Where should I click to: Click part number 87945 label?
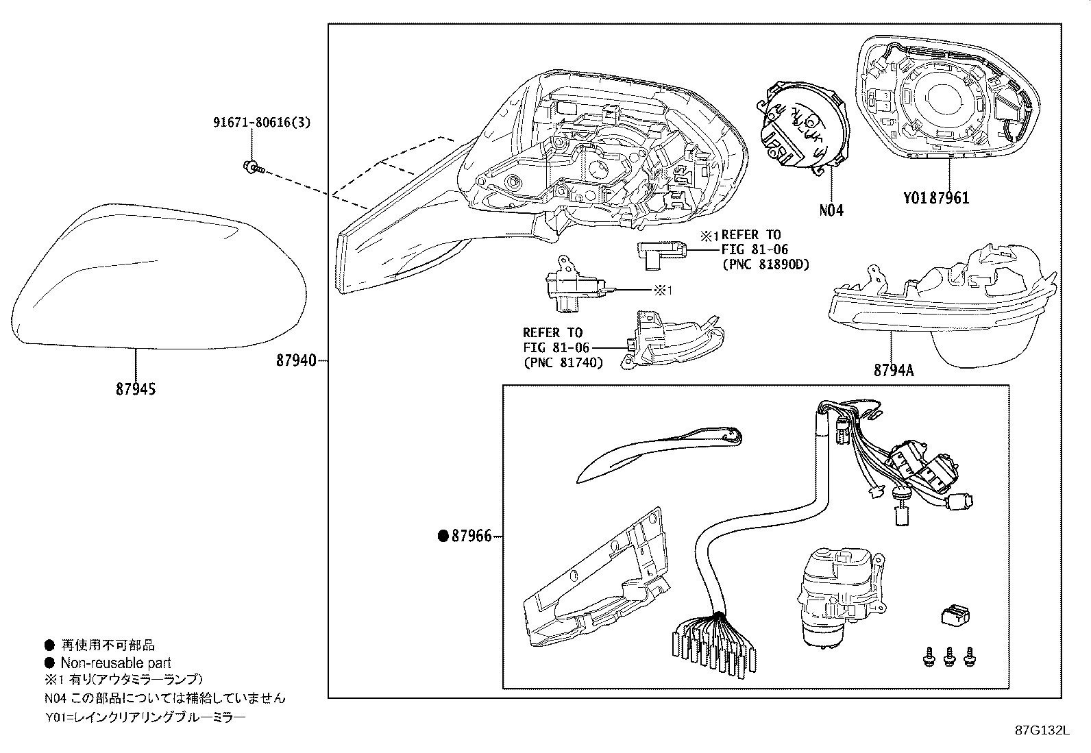pos(136,389)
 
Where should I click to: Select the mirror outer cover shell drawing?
pos(158,274)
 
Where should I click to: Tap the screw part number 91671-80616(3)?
pos(261,123)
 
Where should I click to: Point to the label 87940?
pos(296,359)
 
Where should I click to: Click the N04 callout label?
pos(831,210)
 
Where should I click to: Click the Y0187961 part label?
pos(935,199)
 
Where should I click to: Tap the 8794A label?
pos(893,371)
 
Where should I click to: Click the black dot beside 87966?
pos(443,536)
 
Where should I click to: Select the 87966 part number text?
pos(471,536)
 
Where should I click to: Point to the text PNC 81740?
pos(563,362)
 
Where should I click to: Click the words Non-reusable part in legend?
pos(116,663)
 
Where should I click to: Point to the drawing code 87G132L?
pos(1042,730)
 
